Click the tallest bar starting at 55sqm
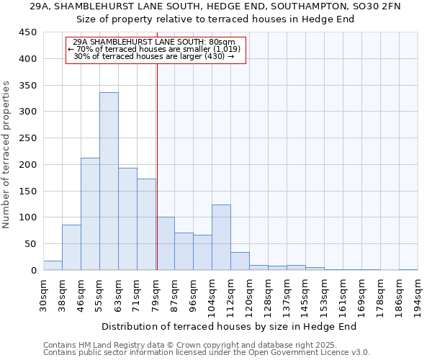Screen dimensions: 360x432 [109, 181]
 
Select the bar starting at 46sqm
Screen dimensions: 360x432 [90, 214]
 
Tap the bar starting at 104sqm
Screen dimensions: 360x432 [221, 238]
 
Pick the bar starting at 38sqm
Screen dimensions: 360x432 [71, 248]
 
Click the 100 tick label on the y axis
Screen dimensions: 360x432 [28, 217]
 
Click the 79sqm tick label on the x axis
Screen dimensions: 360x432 [156, 294]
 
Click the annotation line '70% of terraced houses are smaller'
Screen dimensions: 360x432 [156, 49]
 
